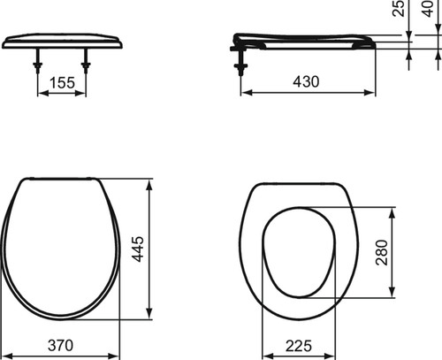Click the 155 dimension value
62,83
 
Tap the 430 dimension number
306,81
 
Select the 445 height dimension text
138,249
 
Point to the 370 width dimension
60,345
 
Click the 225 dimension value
298,346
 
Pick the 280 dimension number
382,252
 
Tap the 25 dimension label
399,8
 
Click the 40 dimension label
428,8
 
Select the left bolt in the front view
38,61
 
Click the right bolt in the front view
86,61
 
